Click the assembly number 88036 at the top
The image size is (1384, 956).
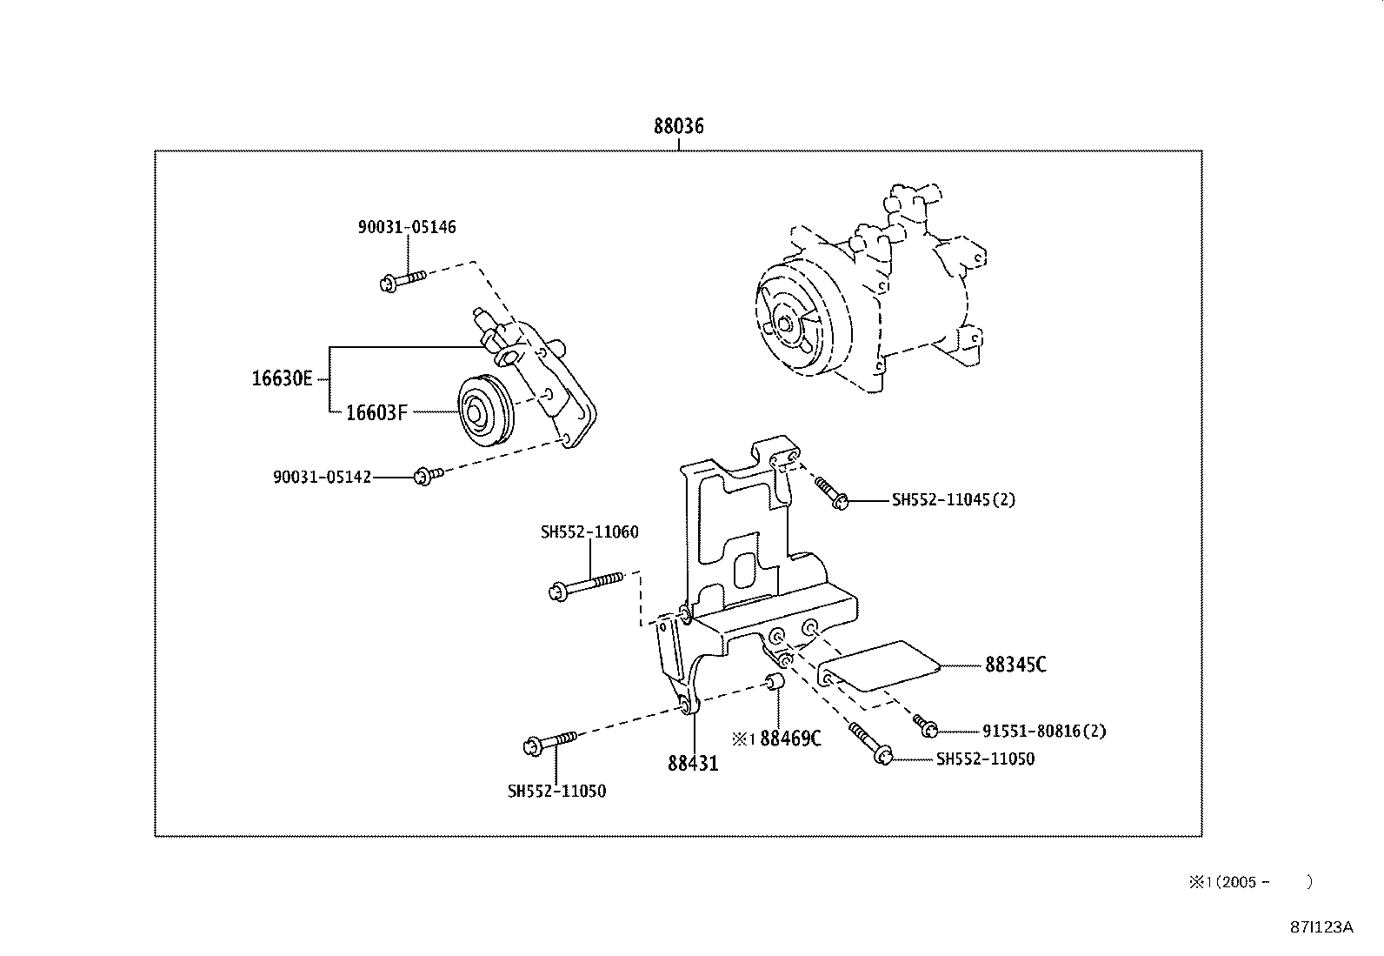(678, 127)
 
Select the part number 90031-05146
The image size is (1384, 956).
(407, 227)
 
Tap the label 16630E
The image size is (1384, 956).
(282, 379)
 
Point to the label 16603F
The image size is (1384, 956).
(376, 412)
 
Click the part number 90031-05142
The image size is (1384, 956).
(322, 477)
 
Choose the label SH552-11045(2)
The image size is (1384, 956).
(953, 500)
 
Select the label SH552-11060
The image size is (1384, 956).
(589, 531)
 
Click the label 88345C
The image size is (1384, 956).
(1015, 665)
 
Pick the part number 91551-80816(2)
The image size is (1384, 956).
(1044, 732)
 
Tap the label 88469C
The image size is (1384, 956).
(789, 739)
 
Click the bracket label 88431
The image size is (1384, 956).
(693, 763)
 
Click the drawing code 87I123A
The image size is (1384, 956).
(1321, 927)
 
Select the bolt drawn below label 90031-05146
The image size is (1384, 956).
(402, 280)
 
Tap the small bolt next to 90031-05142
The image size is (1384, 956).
(427, 474)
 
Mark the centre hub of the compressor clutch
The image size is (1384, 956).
(785, 325)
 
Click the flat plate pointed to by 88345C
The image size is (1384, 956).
(881, 666)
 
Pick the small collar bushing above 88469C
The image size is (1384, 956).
(776, 681)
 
